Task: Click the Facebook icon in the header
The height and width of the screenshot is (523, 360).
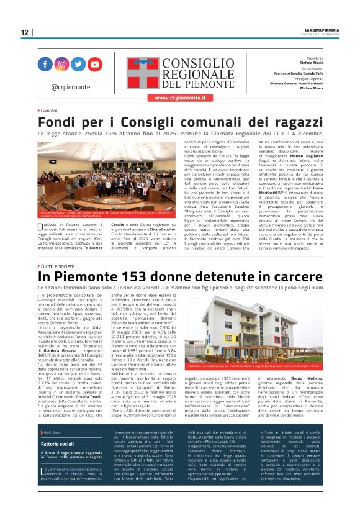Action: click(x=45, y=64)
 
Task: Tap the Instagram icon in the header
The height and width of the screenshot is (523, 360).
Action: click(x=62, y=64)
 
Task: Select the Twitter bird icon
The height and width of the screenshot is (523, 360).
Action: click(x=78, y=64)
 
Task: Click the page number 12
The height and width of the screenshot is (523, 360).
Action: click(x=24, y=32)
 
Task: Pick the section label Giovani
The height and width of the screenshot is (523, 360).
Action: click(x=52, y=111)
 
